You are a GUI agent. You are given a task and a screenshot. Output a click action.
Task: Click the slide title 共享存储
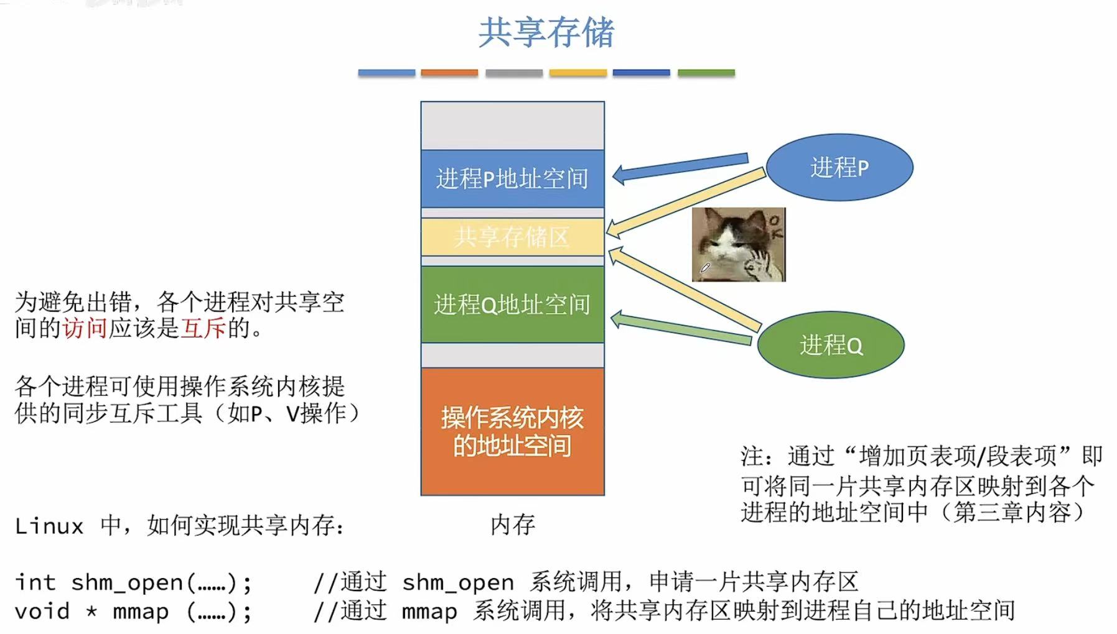(x=546, y=32)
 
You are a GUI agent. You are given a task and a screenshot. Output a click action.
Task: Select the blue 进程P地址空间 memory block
(x=512, y=179)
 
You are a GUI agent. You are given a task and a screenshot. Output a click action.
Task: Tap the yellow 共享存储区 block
(x=512, y=237)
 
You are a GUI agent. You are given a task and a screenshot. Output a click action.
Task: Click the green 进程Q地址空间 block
(x=512, y=305)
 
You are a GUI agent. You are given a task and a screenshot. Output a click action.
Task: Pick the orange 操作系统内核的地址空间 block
(x=512, y=431)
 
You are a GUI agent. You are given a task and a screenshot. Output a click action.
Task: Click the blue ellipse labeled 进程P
(x=839, y=167)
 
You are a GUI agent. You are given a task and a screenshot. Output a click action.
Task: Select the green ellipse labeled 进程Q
(x=831, y=345)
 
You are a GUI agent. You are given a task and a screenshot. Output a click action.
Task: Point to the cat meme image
(x=739, y=244)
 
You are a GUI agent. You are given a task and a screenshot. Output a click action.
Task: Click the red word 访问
(x=85, y=328)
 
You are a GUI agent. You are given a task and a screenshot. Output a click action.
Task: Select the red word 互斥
(x=203, y=328)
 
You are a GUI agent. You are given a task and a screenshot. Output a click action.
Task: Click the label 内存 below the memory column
(x=512, y=525)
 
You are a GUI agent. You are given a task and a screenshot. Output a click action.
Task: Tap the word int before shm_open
(x=35, y=583)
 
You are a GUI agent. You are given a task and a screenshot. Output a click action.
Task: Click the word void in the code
(x=42, y=612)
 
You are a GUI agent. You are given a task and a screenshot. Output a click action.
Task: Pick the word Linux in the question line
(x=49, y=526)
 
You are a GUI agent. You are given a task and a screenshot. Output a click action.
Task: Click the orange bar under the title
(x=449, y=73)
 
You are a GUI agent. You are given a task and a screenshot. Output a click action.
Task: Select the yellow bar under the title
(x=577, y=73)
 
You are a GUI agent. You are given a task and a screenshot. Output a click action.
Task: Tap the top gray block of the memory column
(x=512, y=126)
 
